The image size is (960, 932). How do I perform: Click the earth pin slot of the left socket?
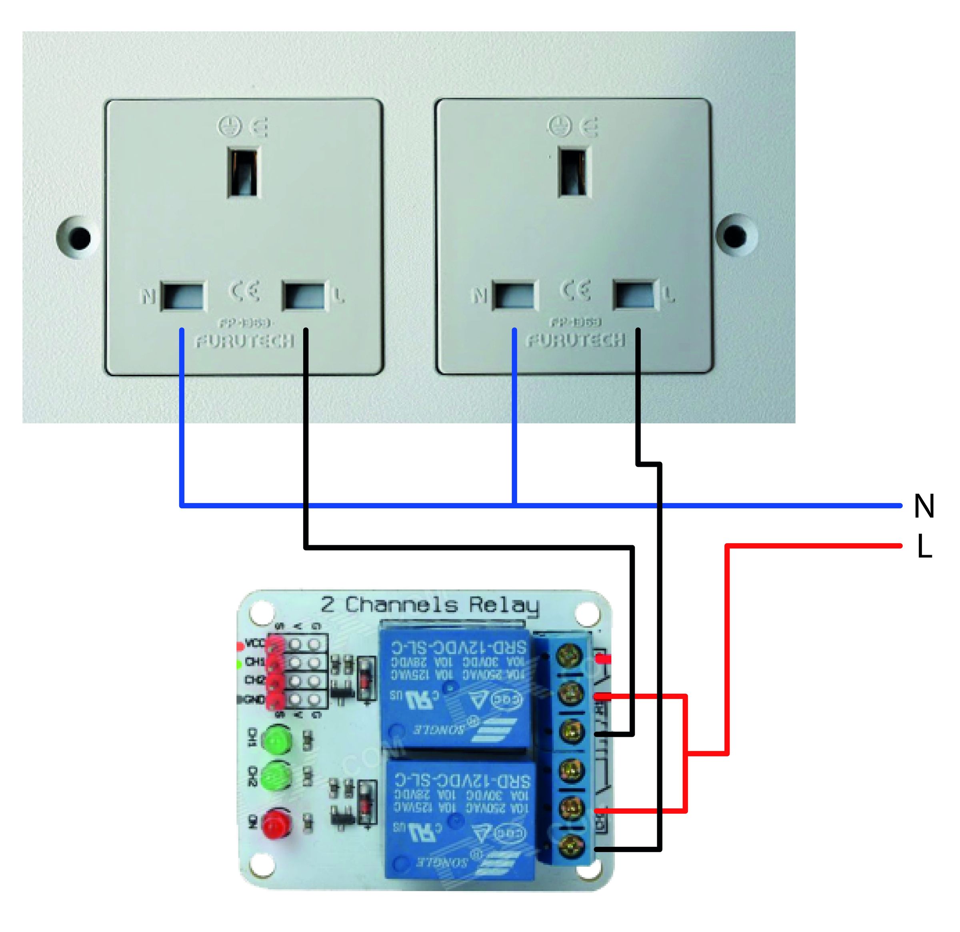click(243, 172)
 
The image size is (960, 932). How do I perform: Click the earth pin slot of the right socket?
click(574, 172)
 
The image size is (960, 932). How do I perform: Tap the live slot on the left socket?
click(304, 296)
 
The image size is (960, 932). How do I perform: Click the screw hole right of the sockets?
click(735, 236)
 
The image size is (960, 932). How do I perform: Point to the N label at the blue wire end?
click(924, 506)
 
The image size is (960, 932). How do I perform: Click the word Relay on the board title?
click(504, 606)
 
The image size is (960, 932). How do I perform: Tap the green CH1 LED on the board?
click(277, 740)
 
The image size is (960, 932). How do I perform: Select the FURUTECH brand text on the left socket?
click(245, 341)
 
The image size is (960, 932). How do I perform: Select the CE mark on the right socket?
click(575, 290)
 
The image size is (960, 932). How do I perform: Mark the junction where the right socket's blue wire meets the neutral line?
click(514, 505)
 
